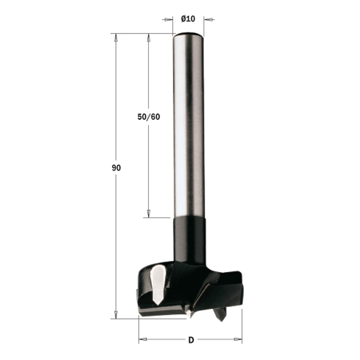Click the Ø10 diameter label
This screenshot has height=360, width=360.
point(188,18)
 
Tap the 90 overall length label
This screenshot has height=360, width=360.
point(116,168)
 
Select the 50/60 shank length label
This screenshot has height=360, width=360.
point(148,117)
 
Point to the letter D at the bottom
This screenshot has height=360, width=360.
point(191,340)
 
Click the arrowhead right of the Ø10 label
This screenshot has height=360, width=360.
point(208,19)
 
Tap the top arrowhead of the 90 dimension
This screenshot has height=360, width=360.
point(116,38)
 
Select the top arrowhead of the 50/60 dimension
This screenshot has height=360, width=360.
point(148,38)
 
